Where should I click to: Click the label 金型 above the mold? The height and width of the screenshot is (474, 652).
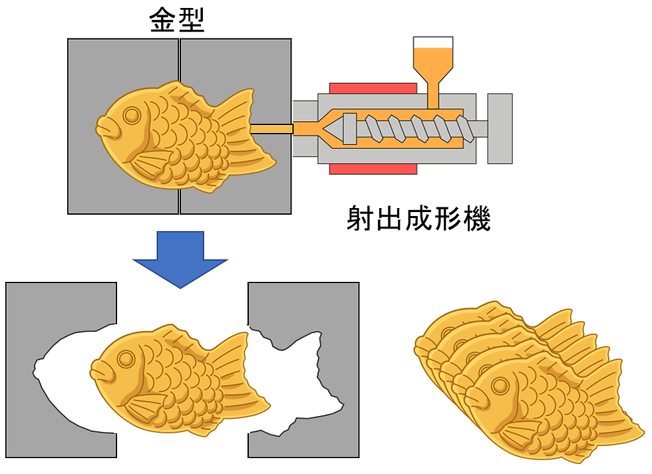[x=177, y=21]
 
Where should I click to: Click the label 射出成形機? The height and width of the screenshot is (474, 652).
[x=418, y=218]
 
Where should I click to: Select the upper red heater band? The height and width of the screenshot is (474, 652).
[x=373, y=88]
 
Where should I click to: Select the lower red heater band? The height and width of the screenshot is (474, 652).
[x=373, y=169]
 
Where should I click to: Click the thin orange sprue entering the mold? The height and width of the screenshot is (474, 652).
[x=271, y=129]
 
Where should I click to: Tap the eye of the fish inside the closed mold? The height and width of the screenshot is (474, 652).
[x=132, y=115]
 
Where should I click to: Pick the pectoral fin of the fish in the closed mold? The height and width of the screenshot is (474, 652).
[x=152, y=164]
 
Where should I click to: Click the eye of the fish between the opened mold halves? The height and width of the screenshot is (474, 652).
[x=125, y=358]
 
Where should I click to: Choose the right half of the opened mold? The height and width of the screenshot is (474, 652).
[x=303, y=370]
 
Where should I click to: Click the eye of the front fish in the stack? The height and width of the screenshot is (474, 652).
[x=500, y=386]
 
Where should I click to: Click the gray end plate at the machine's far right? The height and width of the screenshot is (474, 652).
[x=500, y=128]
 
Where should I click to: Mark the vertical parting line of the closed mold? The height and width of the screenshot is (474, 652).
[x=179, y=126]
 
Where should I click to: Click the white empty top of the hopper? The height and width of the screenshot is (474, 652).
[x=433, y=43]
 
